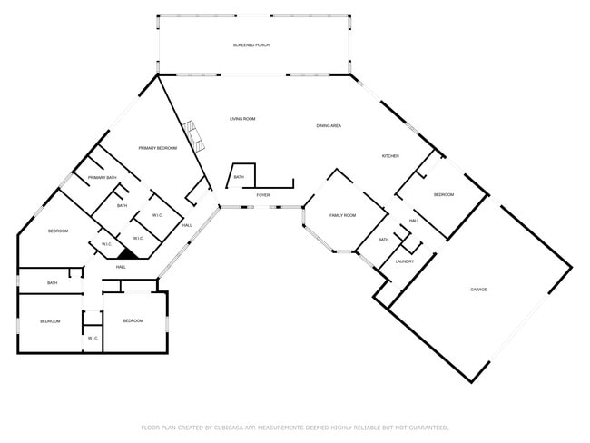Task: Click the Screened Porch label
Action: click(x=251, y=44)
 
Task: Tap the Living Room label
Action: click(x=242, y=119)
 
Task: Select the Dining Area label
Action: click(x=329, y=125)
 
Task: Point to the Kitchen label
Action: click(x=389, y=156)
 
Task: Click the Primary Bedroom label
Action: click(x=157, y=147)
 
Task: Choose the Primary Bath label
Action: click(x=102, y=178)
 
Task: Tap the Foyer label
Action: click(x=262, y=195)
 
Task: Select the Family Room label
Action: click(x=342, y=215)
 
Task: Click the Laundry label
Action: click(x=405, y=261)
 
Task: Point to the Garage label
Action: click(x=478, y=289)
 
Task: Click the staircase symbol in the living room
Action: click(x=192, y=137)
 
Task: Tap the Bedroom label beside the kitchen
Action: click(x=443, y=195)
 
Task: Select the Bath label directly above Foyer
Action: click(x=239, y=177)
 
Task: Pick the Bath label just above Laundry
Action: click(x=384, y=240)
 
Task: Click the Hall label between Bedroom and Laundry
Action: click(x=414, y=221)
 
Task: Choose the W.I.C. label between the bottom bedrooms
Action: click(x=93, y=338)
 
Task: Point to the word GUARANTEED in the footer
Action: click(x=425, y=427)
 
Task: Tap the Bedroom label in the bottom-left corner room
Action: click(x=50, y=320)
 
